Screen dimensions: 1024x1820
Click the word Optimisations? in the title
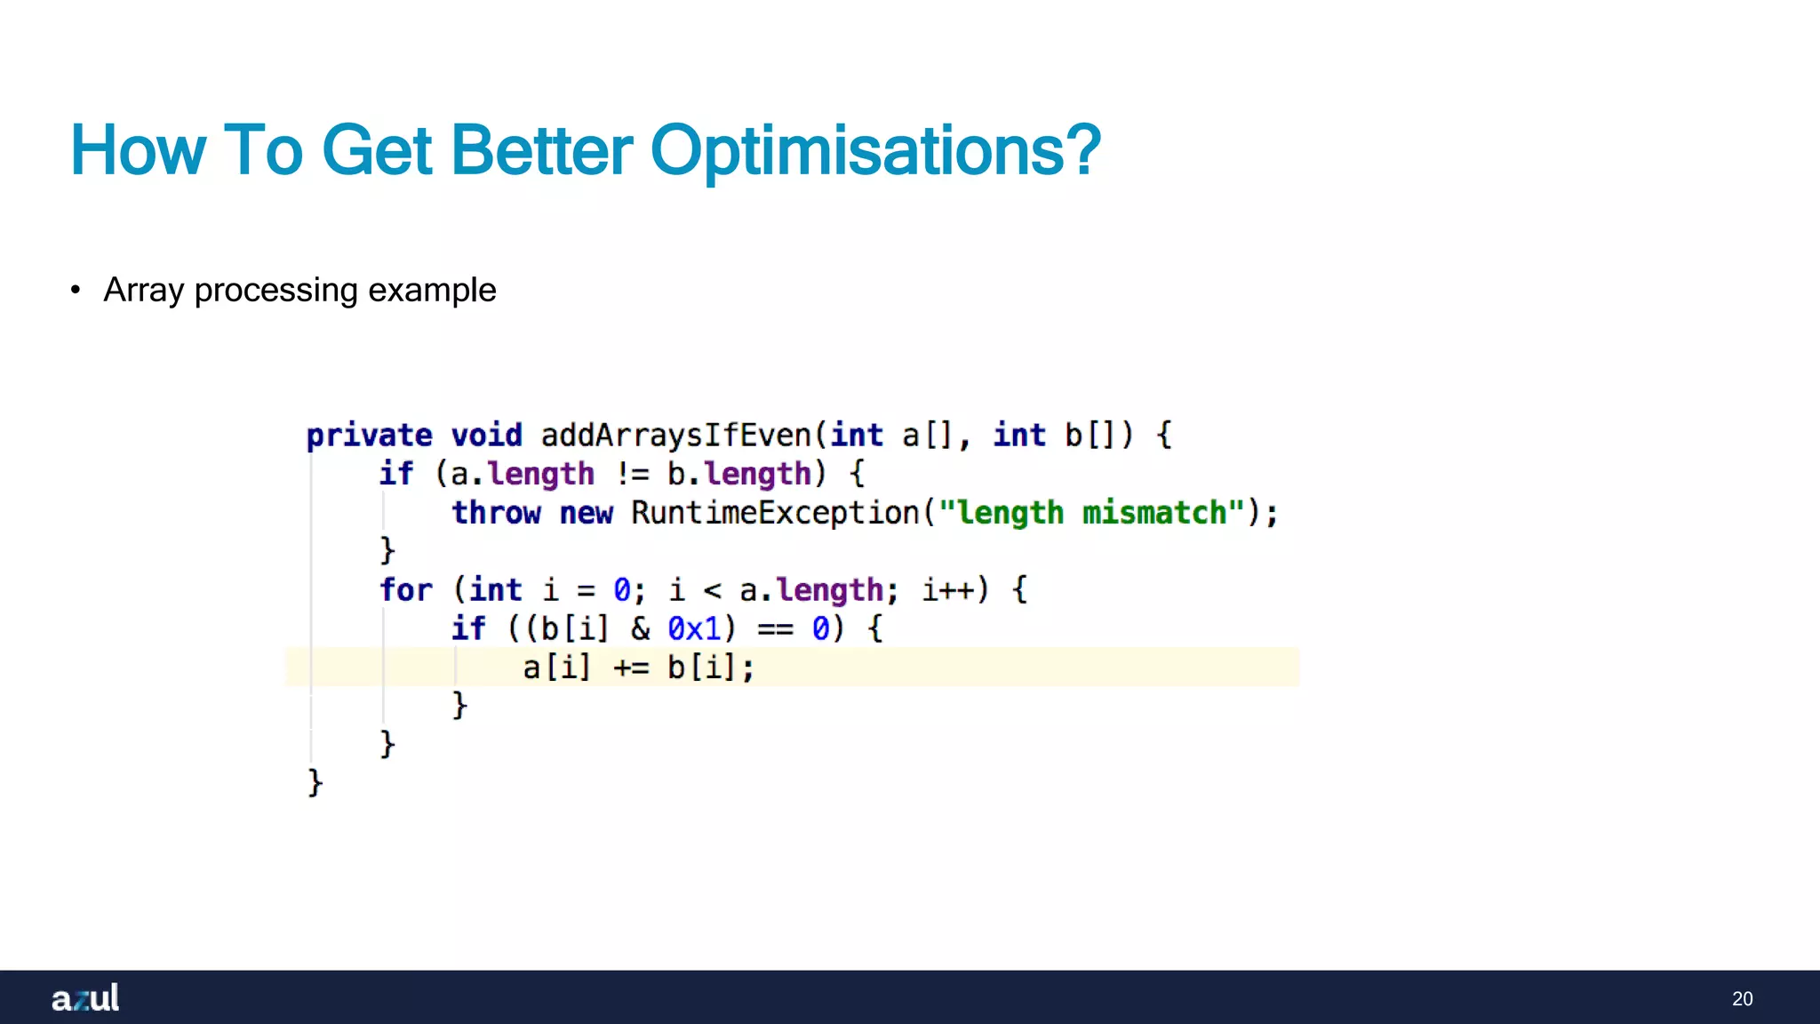click(875, 151)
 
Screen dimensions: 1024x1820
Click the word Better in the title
click(542, 151)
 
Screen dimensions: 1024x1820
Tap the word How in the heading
click(138, 151)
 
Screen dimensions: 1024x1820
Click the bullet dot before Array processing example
click(76, 291)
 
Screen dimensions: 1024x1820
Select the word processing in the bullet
click(275, 291)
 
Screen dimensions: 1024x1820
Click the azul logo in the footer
click(85, 997)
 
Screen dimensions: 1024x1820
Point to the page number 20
click(1742, 999)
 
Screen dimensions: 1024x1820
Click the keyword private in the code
click(369, 436)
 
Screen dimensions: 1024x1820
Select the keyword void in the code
click(486, 436)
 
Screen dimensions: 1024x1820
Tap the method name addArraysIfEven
click(675, 436)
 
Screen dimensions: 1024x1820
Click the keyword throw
click(496, 513)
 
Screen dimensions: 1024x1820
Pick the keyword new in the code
click(586, 513)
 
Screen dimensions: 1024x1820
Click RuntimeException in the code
click(775, 513)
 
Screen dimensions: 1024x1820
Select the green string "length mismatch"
click(1090, 513)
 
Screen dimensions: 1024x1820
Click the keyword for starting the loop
click(405, 590)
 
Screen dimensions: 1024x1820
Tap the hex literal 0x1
click(694, 629)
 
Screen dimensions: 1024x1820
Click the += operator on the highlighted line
click(631, 668)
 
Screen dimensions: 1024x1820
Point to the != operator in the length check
click(632, 475)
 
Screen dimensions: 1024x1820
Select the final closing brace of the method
click(315, 783)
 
